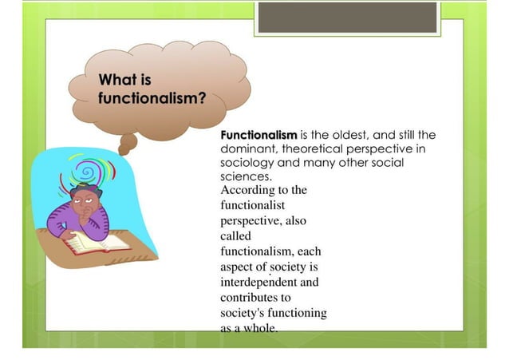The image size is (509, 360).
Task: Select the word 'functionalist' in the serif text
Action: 252,205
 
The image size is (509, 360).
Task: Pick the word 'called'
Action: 235,235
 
